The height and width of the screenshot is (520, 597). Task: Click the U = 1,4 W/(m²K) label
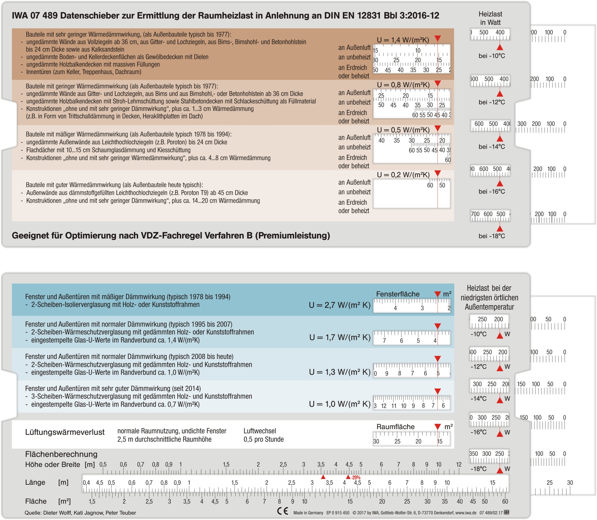click(403, 40)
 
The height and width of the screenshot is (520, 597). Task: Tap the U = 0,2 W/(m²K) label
click(403, 175)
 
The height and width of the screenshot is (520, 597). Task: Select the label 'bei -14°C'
click(492, 147)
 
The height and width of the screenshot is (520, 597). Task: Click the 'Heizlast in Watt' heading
click(490, 18)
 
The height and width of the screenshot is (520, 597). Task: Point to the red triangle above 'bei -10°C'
click(500, 47)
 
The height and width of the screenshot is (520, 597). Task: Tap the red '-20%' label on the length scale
click(356, 478)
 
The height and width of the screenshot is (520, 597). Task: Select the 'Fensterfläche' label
click(398, 294)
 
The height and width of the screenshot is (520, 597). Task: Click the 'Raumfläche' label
click(395, 427)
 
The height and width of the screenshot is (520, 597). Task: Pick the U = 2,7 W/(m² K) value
click(340, 305)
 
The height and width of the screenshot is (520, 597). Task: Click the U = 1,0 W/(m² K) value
click(340, 404)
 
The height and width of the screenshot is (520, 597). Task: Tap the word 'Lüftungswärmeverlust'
click(65, 432)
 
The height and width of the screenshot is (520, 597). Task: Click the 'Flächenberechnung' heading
click(61, 454)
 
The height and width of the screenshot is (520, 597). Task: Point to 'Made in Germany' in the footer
click(308, 513)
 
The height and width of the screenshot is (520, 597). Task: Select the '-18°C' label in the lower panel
click(478, 469)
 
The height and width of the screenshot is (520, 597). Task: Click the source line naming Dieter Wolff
click(80, 513)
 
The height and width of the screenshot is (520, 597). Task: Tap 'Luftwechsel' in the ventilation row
click(260, 431)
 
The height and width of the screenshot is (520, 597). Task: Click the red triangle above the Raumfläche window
click(438, 426)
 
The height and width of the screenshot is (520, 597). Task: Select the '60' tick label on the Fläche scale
click(505, 501)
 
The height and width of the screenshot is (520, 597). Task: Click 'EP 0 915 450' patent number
click(338, 513)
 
